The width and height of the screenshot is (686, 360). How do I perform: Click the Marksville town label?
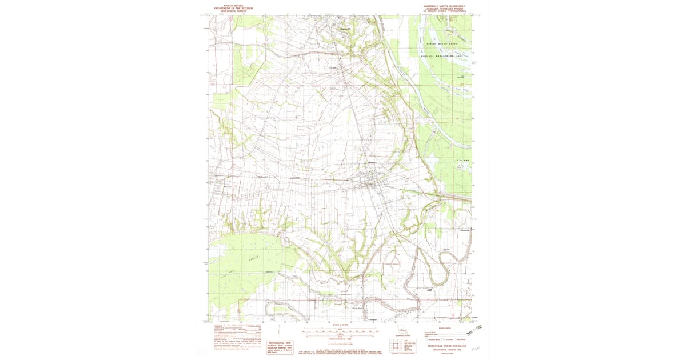click(x=345, y=29)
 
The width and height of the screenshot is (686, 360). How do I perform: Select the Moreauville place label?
click(x=465, y=230)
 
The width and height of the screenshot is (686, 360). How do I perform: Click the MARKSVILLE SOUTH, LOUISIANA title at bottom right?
click(x=445, y=346)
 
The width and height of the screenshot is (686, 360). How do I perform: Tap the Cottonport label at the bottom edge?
click(x=373, y=318)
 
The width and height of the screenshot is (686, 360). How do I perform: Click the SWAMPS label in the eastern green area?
click(x=464, y=161)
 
